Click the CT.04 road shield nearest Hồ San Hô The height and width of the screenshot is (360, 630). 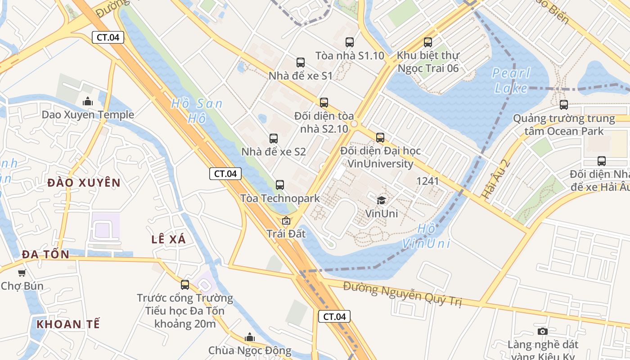pos(225,174)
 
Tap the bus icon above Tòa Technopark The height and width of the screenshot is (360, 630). pos(280,184)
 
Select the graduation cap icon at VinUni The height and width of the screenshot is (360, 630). pos(381,200)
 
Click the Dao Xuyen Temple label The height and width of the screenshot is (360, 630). pos(88,115)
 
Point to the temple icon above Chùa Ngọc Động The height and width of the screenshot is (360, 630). pos(250,337)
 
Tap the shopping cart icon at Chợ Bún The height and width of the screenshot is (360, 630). pos(22,273)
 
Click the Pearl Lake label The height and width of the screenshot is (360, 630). pos(511,80)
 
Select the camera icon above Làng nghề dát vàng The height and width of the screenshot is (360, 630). pos(543,332)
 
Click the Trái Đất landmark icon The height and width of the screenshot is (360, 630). pos(286,221)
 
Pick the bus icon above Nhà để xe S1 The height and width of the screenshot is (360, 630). pos(301,63)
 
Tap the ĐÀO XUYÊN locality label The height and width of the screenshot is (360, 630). pos(84,183)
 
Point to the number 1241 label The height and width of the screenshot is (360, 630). pos(427,181)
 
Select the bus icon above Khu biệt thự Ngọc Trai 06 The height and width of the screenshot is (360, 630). pos(428,42)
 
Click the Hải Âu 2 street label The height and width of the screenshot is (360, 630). pos(491,179)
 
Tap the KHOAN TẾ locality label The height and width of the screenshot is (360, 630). pos(68,324)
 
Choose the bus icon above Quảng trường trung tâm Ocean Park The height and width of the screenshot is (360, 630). pos(564,105)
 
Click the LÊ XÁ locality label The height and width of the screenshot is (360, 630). pos(168,239)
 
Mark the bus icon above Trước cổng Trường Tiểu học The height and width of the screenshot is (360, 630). pos(185,284)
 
